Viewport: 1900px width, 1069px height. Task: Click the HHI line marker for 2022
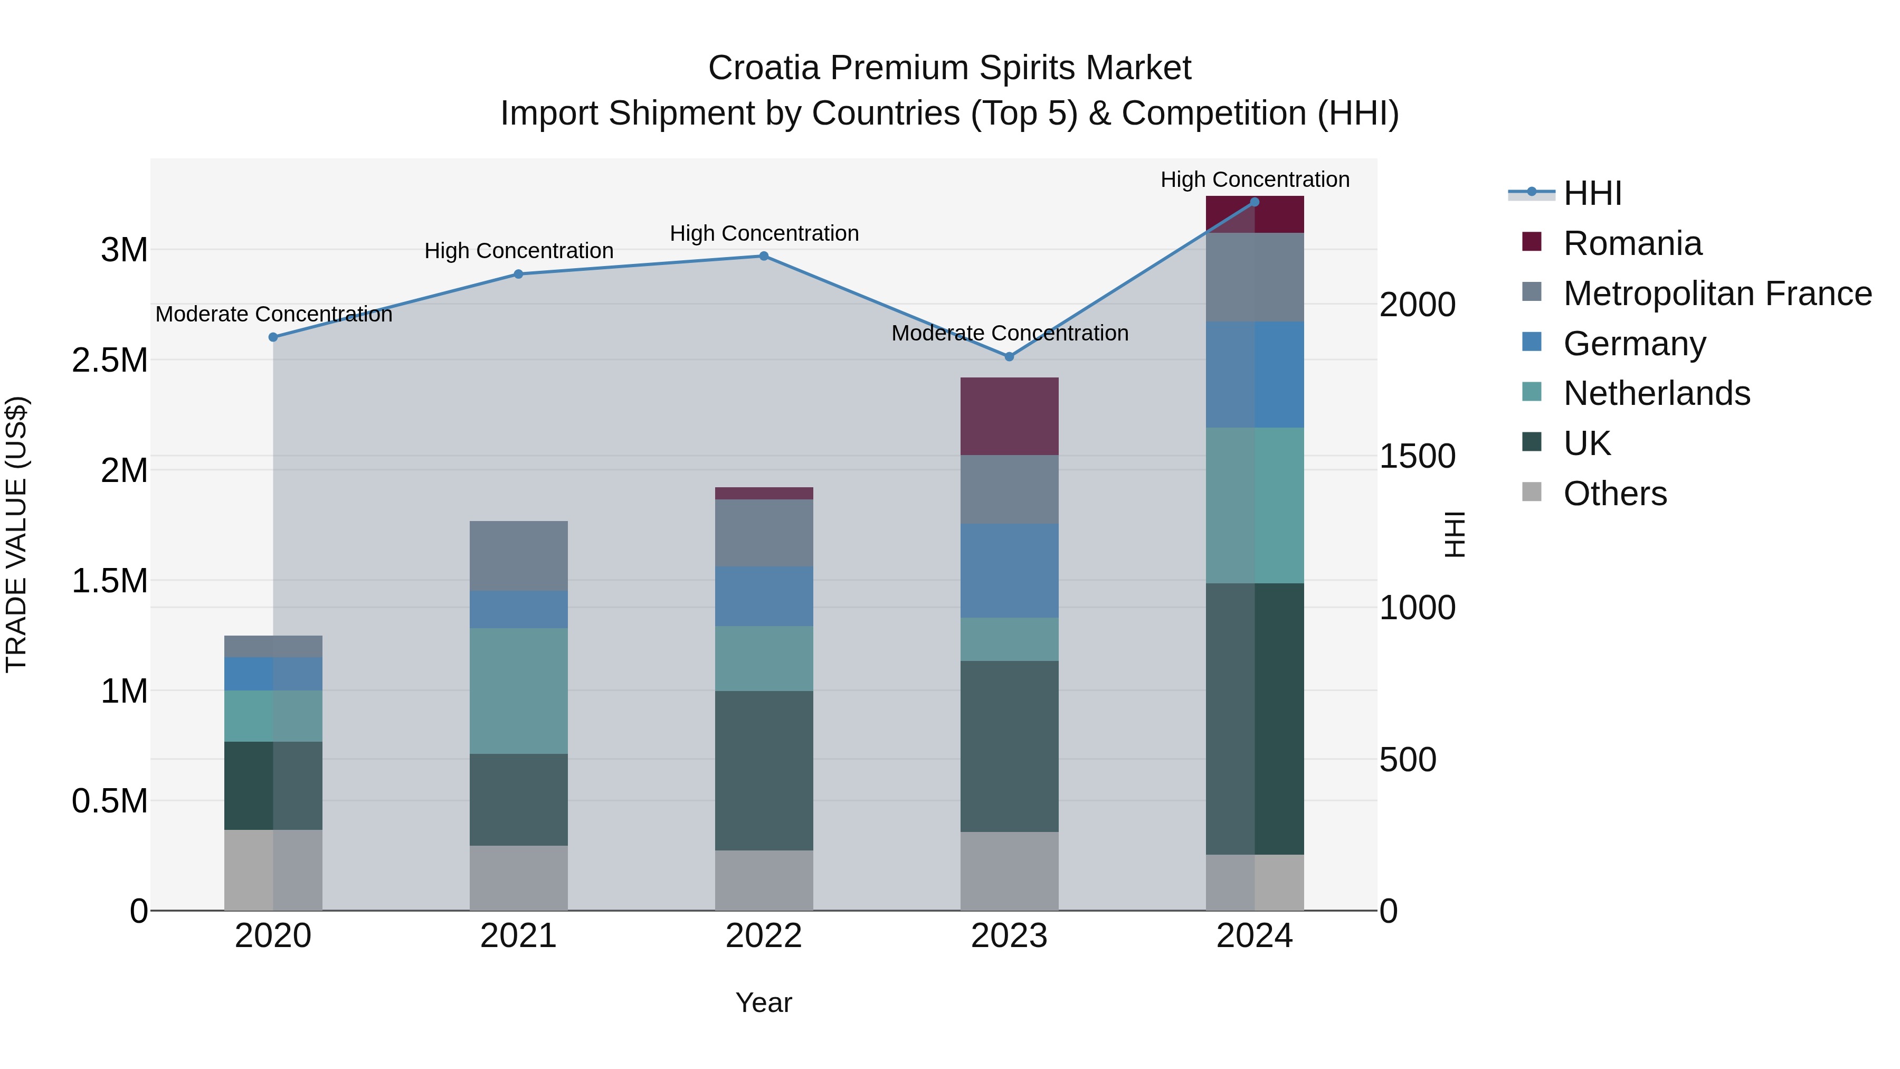(x=763, y=256)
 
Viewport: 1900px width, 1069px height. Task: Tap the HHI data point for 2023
(x=1009, y=356)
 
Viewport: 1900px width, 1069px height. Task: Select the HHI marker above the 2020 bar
(x=273, y=337)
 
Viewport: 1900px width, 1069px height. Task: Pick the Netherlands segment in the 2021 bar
(x=518, y=690)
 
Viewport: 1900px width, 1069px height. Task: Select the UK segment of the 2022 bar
(x=763, y=770)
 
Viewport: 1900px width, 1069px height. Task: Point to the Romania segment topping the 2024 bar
(x=1255, y=215)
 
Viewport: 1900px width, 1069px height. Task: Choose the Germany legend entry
(x=1633, y=344)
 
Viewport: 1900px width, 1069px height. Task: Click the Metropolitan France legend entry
(x=1717, y=294)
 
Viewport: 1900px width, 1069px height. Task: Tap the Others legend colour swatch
(x=1531, y=492)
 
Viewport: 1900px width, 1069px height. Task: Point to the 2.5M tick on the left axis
(x=110, y=361)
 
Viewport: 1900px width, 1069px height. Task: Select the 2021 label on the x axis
(x=518, y=936)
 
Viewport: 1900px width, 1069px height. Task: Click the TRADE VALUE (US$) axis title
(x=16, y=534)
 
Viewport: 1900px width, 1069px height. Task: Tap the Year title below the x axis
(x=763, y=1002)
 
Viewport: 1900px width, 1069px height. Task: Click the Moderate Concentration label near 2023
(x=1009, y=334)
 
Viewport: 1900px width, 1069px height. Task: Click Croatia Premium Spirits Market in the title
(x=949, y=68)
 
